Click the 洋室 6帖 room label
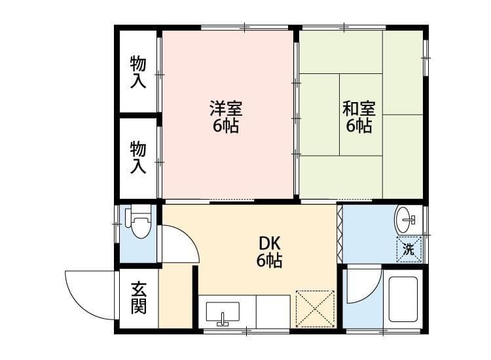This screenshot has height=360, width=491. [226, 117]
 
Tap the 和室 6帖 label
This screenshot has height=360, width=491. [359, 117]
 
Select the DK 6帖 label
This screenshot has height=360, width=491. [269, 252]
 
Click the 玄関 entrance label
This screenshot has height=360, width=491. [139, 297]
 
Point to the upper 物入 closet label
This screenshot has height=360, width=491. [138, 72]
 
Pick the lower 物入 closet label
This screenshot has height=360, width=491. [138, 157]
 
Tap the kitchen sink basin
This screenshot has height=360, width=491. [223, 312]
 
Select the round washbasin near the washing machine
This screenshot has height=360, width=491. [405, 219]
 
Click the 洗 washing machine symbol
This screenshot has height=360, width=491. [409, 249]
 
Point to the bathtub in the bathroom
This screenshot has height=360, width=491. [403, 300]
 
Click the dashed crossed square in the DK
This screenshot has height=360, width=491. [316, 309]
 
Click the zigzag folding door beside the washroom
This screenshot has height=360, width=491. [340, 234]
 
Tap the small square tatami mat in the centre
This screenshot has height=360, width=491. [361, 115]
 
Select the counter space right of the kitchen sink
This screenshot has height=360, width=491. [274, 312]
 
